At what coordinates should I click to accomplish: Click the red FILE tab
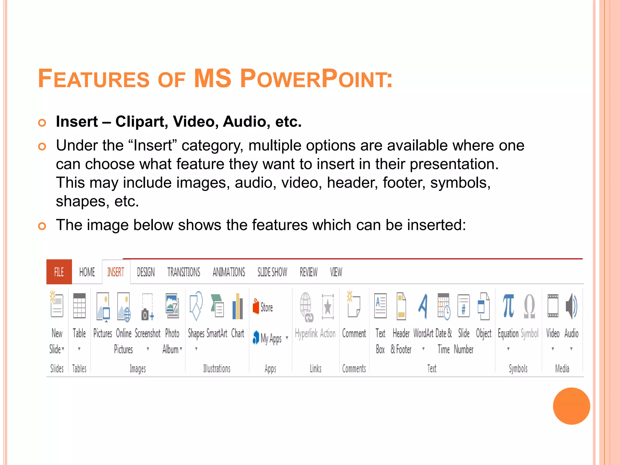(x=59, y=272)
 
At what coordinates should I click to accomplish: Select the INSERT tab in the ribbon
(x=116, y=272)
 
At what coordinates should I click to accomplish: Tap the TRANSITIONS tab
(x=183, y=272)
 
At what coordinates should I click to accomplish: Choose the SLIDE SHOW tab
(x=272, y=272)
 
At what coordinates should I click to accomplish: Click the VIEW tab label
(x=336, y=272)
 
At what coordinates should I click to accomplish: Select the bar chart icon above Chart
(x=238, y=306)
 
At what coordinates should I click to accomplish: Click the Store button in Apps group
(x=263, y=307)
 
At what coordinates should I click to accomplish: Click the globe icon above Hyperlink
(x=306, y=306)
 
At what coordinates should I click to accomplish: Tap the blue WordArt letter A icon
(x=423, y=306)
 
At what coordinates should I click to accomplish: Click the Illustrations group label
(x=217, y=368)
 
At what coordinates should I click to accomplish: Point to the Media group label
(x=562, y=368)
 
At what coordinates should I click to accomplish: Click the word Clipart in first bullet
(x=140, y=122)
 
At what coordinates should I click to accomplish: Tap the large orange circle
(x=571, y=406)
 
